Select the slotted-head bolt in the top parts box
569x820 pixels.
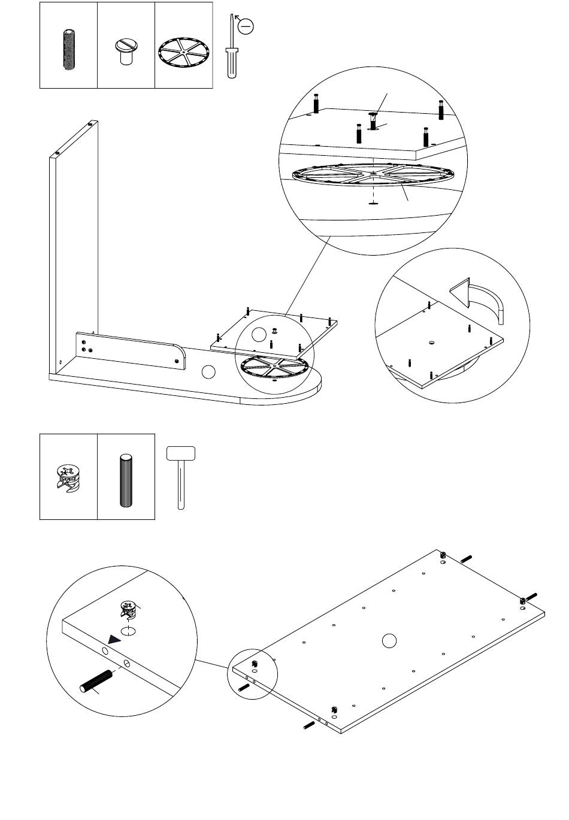coord(126,52)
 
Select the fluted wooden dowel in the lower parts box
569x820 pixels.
coord(126,480)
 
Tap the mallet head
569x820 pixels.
coord(181,453)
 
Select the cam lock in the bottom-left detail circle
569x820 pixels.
coord(129,609)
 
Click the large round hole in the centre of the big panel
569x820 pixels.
coord(389,641)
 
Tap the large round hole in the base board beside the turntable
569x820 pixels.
coord(208,372)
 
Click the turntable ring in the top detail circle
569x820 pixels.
coord(375,175)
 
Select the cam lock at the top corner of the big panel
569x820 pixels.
coord(443,554)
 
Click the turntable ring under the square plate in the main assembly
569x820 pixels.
coord(274,366)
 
